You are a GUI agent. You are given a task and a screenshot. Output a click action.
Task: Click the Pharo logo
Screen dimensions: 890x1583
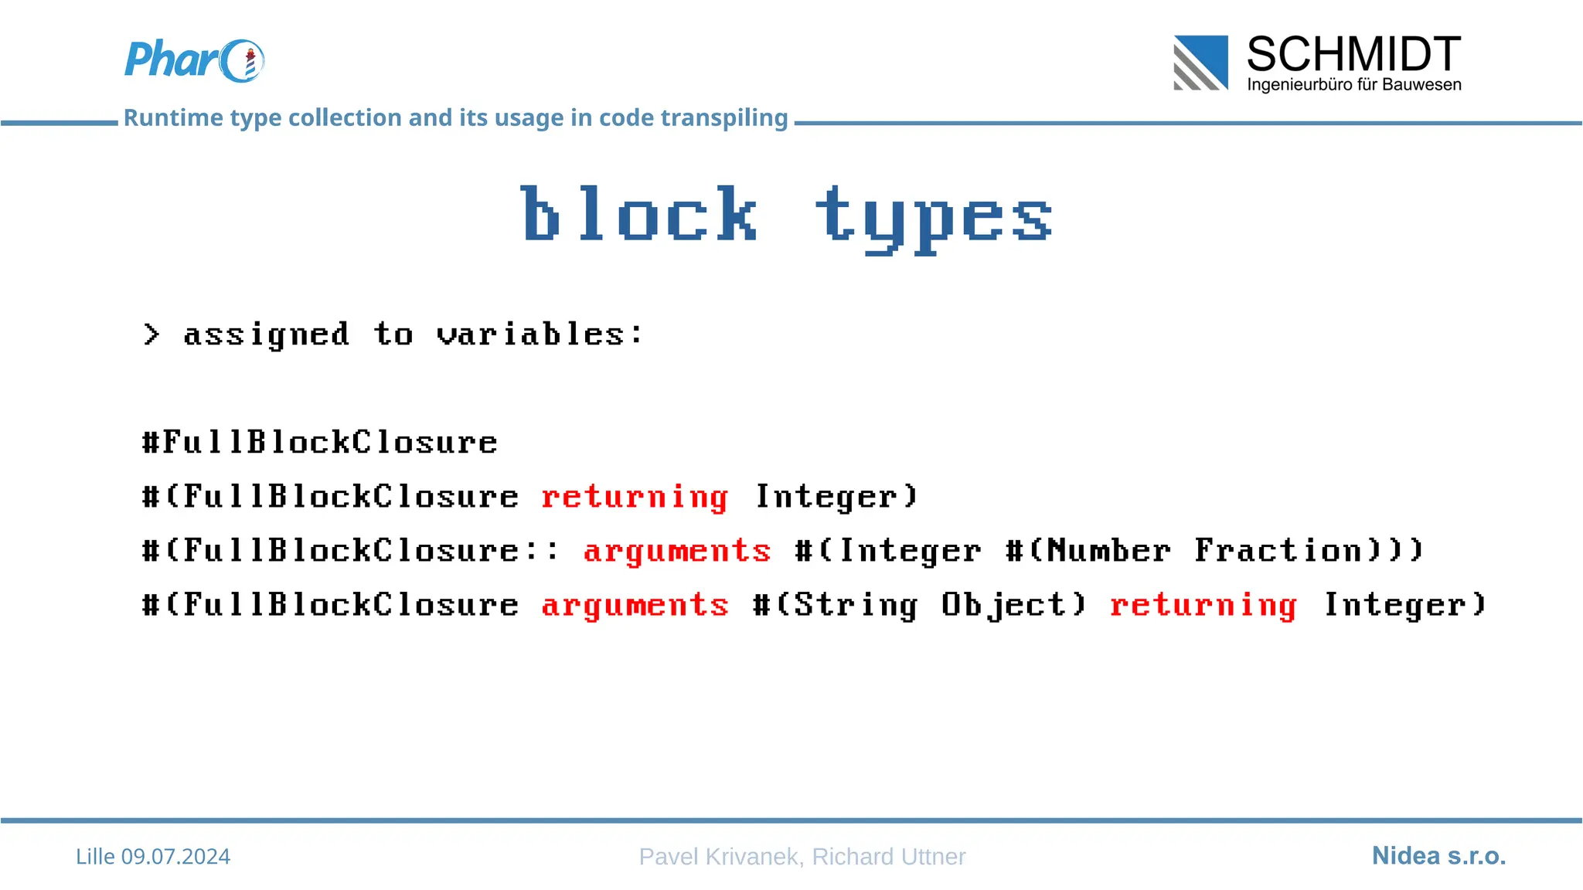coord(194,60)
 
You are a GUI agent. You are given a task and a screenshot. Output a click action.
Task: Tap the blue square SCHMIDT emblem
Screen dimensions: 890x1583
coord(1200,63)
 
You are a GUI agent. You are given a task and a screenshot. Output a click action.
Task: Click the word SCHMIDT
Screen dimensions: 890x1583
coord(1353,54)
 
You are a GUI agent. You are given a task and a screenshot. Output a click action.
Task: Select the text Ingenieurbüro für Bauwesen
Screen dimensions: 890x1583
coord(1353,84)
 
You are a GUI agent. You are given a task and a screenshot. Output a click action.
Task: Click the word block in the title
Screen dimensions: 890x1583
coord(638,214)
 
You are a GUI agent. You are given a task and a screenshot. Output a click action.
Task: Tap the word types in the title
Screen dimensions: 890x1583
coord(934,218)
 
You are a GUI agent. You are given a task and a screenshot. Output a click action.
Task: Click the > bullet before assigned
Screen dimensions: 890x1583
coord(151,335)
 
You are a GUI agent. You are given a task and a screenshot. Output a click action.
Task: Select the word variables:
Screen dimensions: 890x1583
coord(539,335)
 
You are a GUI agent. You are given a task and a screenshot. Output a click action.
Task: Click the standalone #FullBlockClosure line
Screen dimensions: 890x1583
coord(320,443)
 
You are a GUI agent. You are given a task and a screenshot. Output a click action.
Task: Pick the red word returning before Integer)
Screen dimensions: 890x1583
coord(635,497)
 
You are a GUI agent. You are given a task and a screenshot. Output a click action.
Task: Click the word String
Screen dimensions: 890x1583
coord(856,605)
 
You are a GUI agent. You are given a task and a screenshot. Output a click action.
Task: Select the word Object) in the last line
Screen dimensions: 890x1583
coord(1014,605)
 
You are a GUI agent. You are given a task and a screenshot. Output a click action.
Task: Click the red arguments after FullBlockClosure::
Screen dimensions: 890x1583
coord(677,551)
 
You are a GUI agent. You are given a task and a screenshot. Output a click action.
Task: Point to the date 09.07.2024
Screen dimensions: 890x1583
coord(175,856)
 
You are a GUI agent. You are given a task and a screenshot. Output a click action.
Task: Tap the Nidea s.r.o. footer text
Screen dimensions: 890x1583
coord(1438,855)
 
